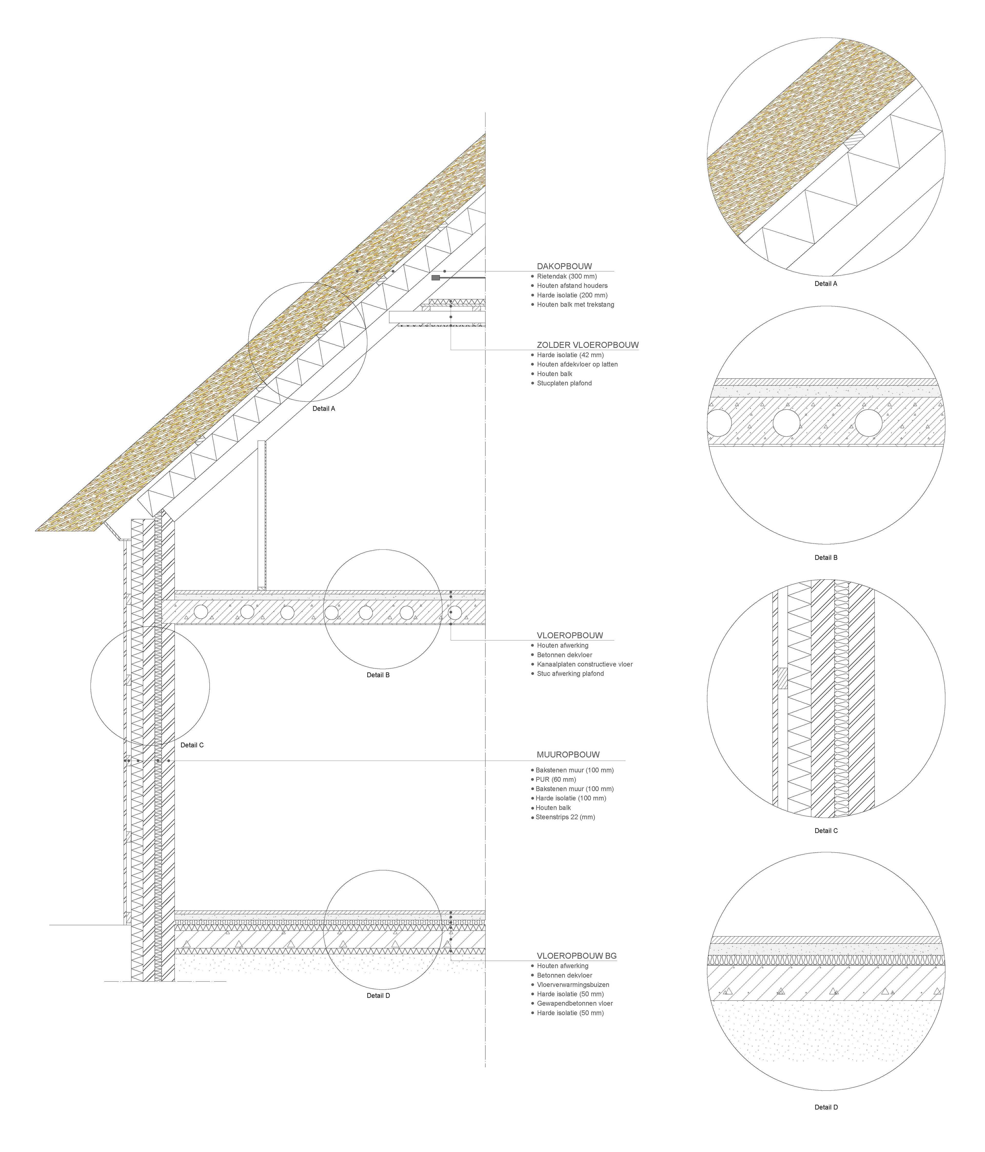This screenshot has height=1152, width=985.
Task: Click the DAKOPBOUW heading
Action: [564, 266]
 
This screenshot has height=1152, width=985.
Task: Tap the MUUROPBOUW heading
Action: [568, 754]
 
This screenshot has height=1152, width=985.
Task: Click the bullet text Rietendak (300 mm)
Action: [566, 276]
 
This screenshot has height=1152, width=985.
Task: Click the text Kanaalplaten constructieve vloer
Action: [584, 664]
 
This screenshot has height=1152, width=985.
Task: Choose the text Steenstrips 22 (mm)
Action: [565, 817]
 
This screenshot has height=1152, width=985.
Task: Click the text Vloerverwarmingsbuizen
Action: [573, 985]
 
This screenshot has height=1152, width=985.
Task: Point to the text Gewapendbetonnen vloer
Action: [574, 1004]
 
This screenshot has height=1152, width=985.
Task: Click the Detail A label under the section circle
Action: [323, 409]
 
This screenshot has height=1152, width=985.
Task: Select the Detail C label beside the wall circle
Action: [192, 745]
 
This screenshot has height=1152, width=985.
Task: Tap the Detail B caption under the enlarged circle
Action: [825, 558]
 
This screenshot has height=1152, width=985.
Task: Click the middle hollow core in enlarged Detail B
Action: [786, 423]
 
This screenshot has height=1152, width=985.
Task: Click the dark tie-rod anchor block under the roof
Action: [435, 277]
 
